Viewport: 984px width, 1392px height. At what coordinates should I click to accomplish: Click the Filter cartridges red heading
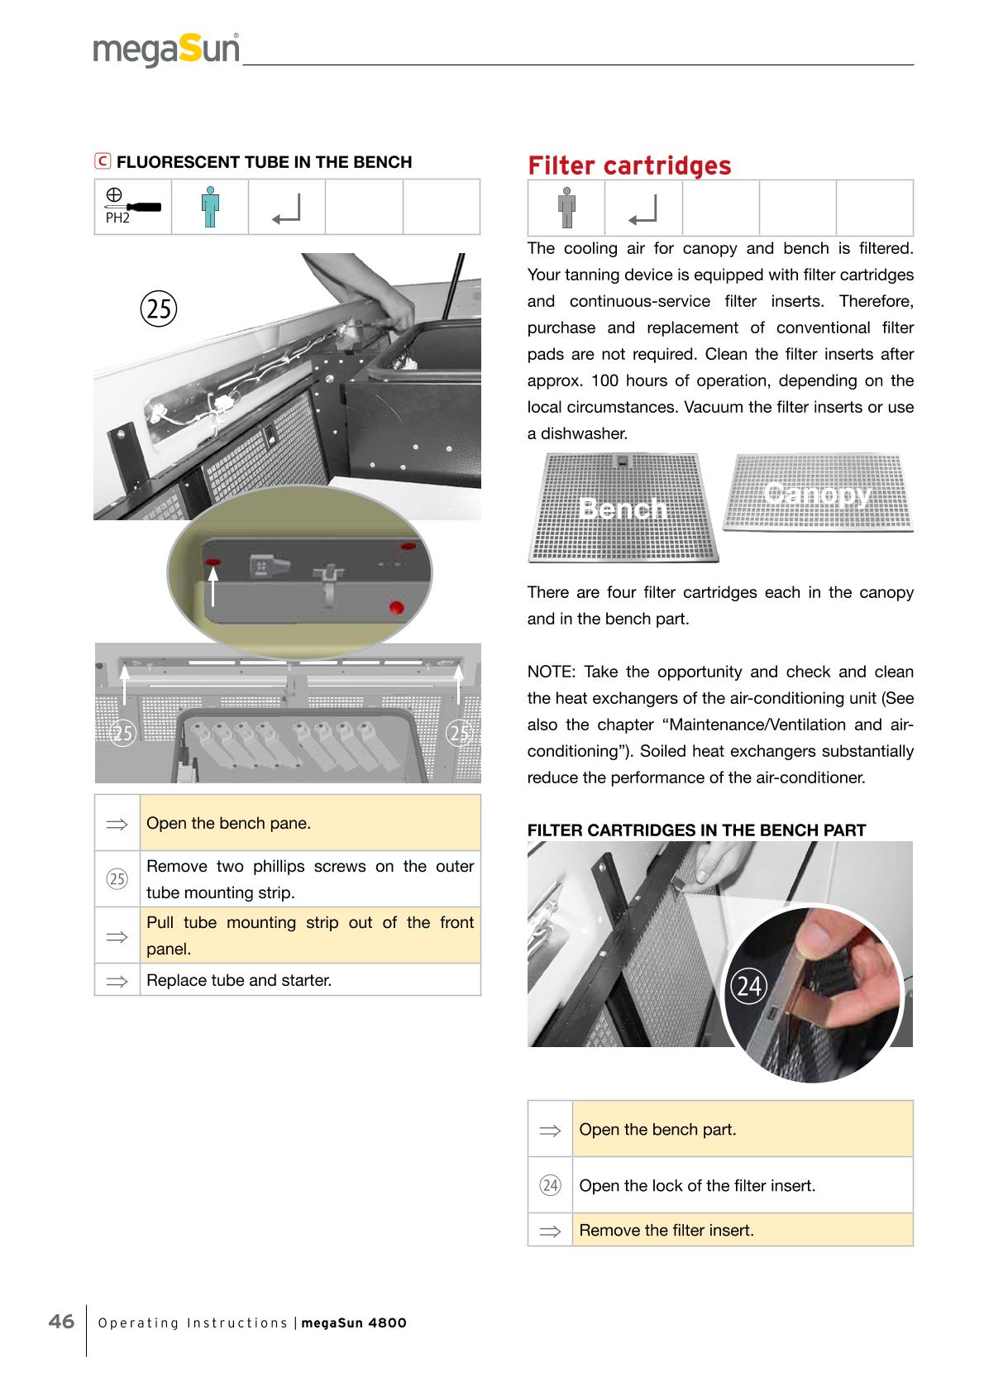click(629, 165)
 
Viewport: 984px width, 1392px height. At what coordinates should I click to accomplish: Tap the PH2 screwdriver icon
click(133, 206)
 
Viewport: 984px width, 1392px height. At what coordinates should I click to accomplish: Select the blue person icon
click(210, 207)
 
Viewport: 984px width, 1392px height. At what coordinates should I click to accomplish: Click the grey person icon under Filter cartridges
click(566, 208)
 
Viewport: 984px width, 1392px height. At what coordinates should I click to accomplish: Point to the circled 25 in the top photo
click(159, 309)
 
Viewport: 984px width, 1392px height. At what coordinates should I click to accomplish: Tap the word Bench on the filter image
click(623, 508)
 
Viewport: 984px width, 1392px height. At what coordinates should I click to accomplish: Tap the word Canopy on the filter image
click(818, 494)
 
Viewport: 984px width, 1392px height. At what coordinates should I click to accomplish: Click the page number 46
click(61, 1321)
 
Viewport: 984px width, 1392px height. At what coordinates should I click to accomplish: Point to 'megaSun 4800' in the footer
click(354, 1323)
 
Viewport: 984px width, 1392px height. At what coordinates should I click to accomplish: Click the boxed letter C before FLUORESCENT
click(103, 161)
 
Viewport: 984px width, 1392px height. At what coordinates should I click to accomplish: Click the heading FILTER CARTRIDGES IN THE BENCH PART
click(696, 830)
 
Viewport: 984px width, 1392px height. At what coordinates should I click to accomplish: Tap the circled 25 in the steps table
click(117, 878)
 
